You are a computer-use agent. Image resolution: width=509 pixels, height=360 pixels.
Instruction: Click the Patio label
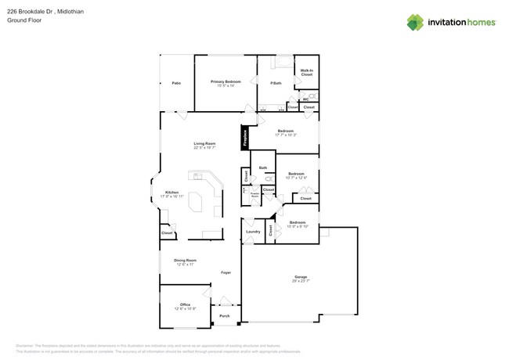click(x=176, y=83)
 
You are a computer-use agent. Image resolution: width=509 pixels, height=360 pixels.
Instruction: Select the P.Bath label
click(x=276, y=83)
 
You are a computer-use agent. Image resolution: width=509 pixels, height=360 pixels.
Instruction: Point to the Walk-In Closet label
click(x=307, y=73)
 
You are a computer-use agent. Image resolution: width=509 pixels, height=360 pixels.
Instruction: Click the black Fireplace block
click(x=244, y=137)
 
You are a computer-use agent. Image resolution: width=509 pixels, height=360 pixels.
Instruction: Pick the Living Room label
click(x=204, y=143)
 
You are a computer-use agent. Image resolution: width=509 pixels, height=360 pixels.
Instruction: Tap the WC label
click(x=305, y=99)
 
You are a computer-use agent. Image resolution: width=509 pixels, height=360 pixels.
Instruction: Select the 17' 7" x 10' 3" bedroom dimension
click(x=286, y=135)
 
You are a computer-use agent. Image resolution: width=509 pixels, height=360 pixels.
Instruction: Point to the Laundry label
click(x=253, y=232)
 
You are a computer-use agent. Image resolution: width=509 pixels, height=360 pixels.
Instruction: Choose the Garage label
click(x=300, y=277)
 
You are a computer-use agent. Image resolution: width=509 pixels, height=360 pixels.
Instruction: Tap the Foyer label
click(x=226, y=272)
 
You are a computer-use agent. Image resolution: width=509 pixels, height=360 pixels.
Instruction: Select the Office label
click(x=185, y=304)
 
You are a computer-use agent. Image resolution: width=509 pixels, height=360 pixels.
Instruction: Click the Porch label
click(x=224, y=316)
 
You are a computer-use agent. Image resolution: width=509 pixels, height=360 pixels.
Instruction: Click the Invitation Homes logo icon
click(x=415, y=22)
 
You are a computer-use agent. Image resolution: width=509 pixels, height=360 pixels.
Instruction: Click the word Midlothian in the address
click(x=74, y=11)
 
